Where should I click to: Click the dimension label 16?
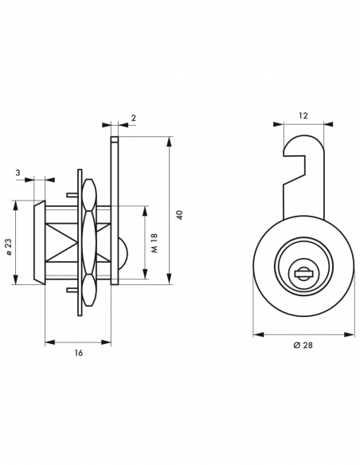[x=79, y=353]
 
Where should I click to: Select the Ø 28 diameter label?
[x=303, y=346]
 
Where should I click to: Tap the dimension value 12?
[x=303, y=115]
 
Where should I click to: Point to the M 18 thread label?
[x=155, y=243]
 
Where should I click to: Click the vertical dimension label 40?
[x=180, y=215]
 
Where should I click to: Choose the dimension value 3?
[x=18, y=172]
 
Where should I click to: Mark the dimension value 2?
[x=134, y=118]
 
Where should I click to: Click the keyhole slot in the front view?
[x=303, y=273]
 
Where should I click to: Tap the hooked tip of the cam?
[x=286, y=151]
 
